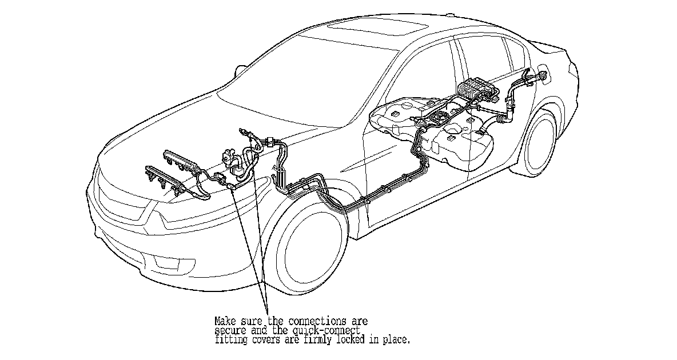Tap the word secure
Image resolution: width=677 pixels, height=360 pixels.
point(229,330)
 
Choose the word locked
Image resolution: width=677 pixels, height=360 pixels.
point(356,340)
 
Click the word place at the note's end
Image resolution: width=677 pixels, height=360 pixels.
point(397,340)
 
